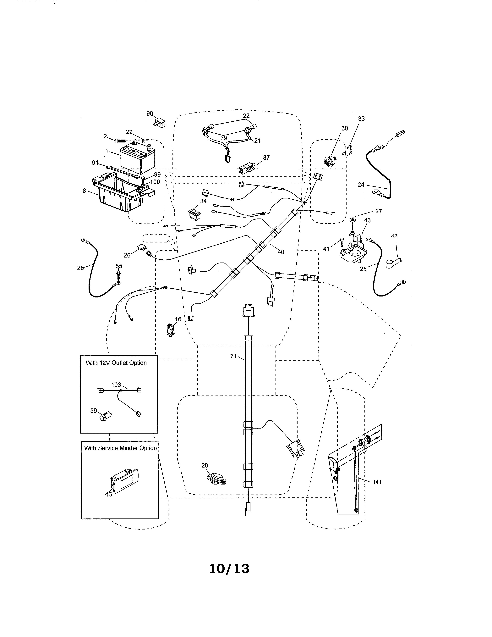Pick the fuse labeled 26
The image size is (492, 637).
[x=142, y=248]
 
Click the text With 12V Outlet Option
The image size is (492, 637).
[x=116, y=363]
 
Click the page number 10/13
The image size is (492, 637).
[x=229, y=569]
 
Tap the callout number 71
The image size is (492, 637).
[x=233, y=356]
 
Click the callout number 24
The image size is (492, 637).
[x=361, y=185]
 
